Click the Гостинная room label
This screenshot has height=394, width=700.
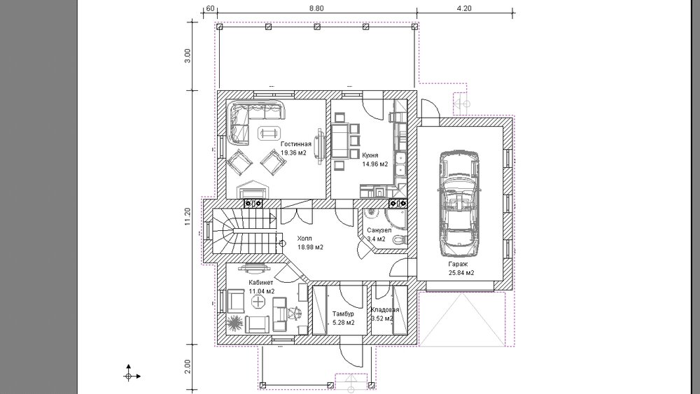pyautogui.click(x=295, y=144)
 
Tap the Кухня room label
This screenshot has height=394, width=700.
pyautogui.click(x=370, y=155)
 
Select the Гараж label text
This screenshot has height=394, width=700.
pyautogui.click(x=458, y=264)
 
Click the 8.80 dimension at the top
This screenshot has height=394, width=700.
pyautogui.click(x=316, y=8)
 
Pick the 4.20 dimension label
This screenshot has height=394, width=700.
pyautogui.click(x=465, y=8)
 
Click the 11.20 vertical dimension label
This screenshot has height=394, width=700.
pyautogui.click(x=188, y=217)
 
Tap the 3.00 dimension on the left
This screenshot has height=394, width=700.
pyautogui.click(x=188, y=56)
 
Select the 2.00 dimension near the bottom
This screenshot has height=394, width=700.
pyautogui.click(x=188, y=367)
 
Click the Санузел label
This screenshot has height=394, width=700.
pyautogui.click(x=379, y=230)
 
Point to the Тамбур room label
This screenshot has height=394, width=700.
pyautogui.click(x=343, y=314)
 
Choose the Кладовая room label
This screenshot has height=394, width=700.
pyautogui.click(x=385, y=309)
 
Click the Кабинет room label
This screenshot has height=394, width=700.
pyautogui.click(x=260, y=283)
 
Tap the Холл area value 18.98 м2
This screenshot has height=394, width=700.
pyautogui.click(x=310, y=247)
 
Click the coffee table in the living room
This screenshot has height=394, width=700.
pyautogui.click(x=269, y=132)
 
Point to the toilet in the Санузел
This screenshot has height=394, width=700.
pyautogui.click(x=400, y=240)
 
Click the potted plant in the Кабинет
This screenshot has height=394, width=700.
pyautogui.click(x=234, y=323)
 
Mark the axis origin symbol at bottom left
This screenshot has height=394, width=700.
pyautogui.click(x=129, y=376)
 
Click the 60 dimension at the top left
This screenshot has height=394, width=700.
pyautogui.click(x=210, y=8)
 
